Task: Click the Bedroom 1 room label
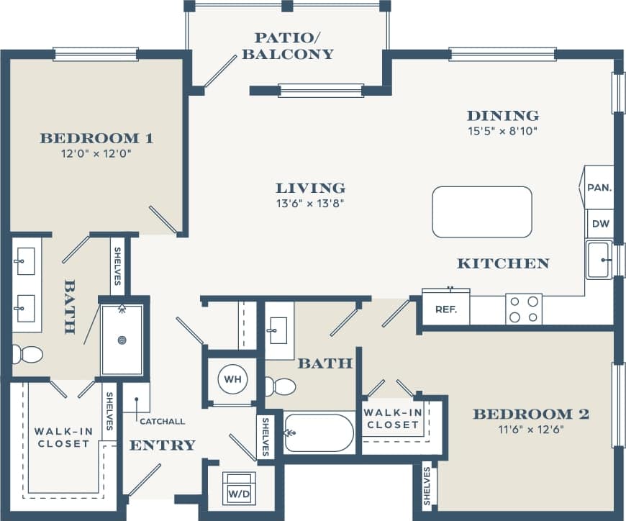pos(96,138)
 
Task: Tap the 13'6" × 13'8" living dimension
pos(310,203)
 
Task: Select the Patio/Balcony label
pos(287,45)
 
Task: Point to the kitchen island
pos(482,212)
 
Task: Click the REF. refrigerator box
pos(445,308)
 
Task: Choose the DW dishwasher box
pos(600,224)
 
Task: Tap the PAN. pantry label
pos(599,188)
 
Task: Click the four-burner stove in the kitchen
pos(524,309)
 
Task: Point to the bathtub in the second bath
pos(319,432)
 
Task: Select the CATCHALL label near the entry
pos(162,422)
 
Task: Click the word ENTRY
pos(162,445)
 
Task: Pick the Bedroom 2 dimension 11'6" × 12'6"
pos(530,430)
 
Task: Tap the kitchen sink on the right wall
pos(599,260)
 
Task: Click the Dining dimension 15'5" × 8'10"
pos(502,131)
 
